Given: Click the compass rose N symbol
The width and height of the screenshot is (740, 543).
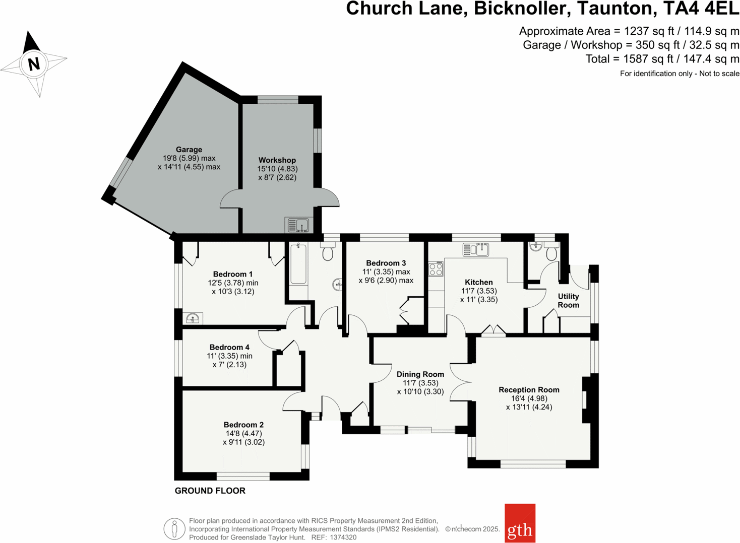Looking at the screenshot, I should [34, 64].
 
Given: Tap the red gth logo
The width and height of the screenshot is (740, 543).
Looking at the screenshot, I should [520, 523].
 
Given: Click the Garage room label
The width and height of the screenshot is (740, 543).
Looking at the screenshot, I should [189, 150].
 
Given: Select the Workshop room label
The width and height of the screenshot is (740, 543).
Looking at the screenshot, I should [277, 160].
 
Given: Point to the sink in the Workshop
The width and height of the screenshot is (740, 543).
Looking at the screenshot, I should [298, 225].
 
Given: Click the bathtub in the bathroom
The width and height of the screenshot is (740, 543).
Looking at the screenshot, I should [298, 264].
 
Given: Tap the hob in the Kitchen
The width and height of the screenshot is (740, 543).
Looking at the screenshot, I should [436, 269].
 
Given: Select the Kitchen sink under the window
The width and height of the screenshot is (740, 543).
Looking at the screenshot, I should [476, 249].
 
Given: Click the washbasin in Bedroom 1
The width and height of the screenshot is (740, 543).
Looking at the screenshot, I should [193, 318].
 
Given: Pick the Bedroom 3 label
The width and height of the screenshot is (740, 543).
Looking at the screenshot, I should [386, 263].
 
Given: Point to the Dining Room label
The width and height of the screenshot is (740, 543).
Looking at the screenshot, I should [420, 374].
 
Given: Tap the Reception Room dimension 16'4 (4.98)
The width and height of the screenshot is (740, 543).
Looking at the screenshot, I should [529, 398].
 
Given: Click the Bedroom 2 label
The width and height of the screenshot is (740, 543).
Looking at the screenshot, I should [243, 425].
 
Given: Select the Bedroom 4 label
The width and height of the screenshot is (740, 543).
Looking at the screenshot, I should [229, 347].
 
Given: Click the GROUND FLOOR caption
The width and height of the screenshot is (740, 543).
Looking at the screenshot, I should [210, 491].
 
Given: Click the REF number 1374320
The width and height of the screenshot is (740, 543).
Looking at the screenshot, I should [343, 537].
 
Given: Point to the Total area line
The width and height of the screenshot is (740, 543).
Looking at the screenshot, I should [662, 59].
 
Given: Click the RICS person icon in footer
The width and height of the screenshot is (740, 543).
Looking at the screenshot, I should [174, 529].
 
